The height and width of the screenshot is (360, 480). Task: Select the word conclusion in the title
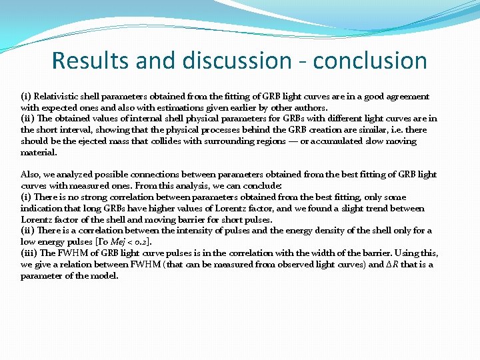coord(370,61)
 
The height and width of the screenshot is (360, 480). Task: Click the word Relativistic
coord(60,97)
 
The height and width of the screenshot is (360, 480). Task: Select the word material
coord(39,153)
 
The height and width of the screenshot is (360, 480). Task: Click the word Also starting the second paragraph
coord(31,175)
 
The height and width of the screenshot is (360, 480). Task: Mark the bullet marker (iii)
coord(29,253)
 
